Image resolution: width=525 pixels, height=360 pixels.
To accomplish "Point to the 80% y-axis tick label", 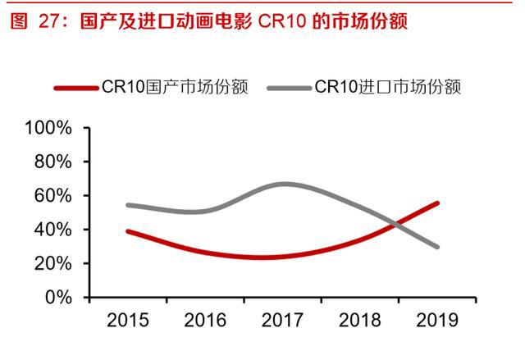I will [x=52, y=162].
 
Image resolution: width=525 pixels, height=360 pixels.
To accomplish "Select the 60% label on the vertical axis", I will [x=52, y=196].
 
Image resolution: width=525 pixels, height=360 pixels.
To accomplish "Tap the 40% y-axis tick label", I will [x=52, y=230].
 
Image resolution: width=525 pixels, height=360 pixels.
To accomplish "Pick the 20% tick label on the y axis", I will [x=52, y=263].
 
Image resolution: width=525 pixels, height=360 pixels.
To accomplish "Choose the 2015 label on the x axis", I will [x=127, y=320].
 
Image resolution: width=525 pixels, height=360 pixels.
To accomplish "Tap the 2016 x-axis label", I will [x=205, y=320].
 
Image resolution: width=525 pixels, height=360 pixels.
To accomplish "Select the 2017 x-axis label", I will [x=283, y=320].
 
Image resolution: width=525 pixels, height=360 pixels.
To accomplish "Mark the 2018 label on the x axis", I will [x=361, y=320].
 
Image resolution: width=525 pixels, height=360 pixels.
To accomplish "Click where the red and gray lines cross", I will [x=397, y=222].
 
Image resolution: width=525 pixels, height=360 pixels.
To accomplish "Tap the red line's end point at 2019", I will [x=437, y=203].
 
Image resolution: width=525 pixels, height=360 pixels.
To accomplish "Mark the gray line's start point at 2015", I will [x=129, y=204].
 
